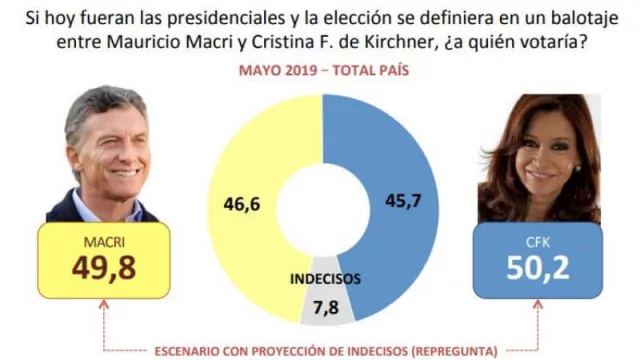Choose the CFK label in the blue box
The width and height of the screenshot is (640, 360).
coord(540,240)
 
